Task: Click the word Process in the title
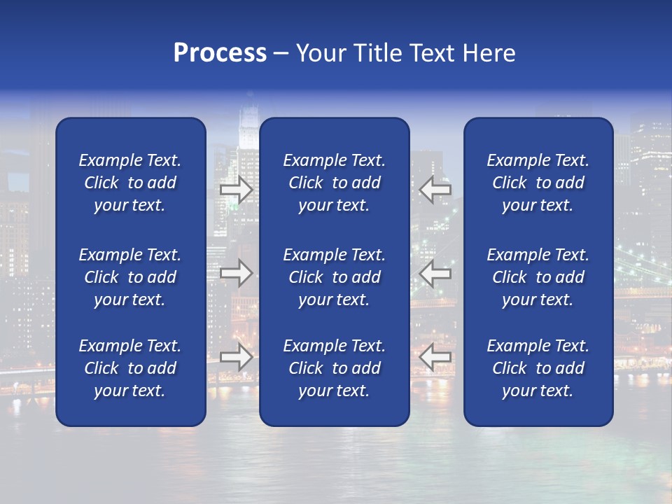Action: [220, 53]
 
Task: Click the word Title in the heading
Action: [377, 53]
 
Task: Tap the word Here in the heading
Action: [489, 53]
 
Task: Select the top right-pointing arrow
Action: [237, 190]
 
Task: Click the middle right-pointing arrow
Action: [237, 273]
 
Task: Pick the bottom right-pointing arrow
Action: [237, 357]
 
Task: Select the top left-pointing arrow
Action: [435, 188]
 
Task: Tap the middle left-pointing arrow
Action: [435, 273]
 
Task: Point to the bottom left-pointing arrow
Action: [435, 357]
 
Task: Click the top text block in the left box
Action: [130, 183]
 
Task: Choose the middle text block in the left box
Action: [130, 277]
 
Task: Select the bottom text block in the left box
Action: [130, 368]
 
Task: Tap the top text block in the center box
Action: [334, 183]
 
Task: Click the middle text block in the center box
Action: [334, 277]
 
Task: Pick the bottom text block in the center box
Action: [334, 368]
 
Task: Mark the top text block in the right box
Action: [538, 183]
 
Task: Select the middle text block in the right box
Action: [538, 277]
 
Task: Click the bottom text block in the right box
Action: [538, 368]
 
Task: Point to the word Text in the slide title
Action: [432, 53]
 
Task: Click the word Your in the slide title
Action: [320, 53]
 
